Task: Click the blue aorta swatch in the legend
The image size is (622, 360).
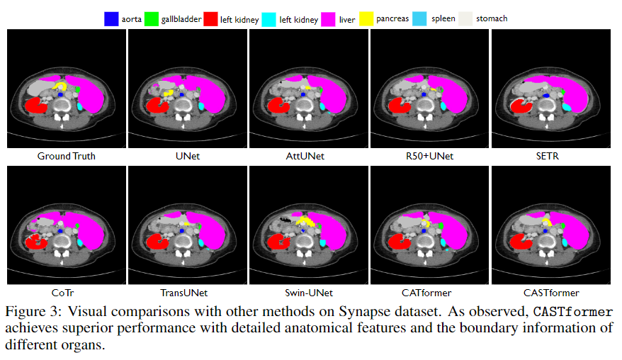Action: pos(111,19)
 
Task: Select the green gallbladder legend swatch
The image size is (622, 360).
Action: pos(151,19)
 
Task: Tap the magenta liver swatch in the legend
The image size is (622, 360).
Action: pos(328,19)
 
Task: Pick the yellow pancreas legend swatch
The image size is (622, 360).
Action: pos(366,19)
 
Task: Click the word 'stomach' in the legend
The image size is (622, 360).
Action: pos(492,18)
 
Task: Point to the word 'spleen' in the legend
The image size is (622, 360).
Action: pos(443,19)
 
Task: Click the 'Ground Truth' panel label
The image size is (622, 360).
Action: pos(67,157)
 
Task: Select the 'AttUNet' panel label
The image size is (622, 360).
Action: pos(305,157)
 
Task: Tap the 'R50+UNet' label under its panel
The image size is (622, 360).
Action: pos(429,157)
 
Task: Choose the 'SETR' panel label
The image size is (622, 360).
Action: pos(548,157)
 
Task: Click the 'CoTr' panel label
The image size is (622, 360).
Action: pos(62,293)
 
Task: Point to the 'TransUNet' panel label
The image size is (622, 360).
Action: pos(183,293)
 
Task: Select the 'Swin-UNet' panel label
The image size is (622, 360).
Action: pos(309,293)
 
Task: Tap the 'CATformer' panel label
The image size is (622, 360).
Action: pos(426,293)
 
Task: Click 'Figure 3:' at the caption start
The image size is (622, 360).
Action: pos(33,312)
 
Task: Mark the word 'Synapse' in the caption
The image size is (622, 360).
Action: pos(365,312)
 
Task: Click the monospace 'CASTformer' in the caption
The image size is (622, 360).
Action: pos(573,312)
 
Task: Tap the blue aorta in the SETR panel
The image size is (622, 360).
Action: pos(546,96)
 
